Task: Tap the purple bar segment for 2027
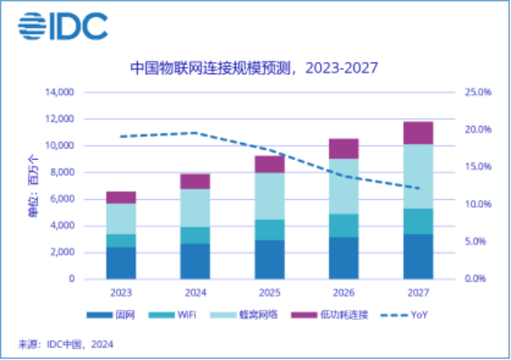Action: tap(418, 133)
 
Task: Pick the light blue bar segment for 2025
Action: tap(270, 196)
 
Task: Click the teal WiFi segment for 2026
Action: tap(343, 226)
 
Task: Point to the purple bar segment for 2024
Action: tap(195, 181)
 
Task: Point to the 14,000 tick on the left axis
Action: tap(58, 92)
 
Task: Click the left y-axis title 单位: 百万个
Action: tap(32, 186)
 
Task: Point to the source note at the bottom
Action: tap(66, 344)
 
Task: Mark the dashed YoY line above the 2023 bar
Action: tap(121, 136)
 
